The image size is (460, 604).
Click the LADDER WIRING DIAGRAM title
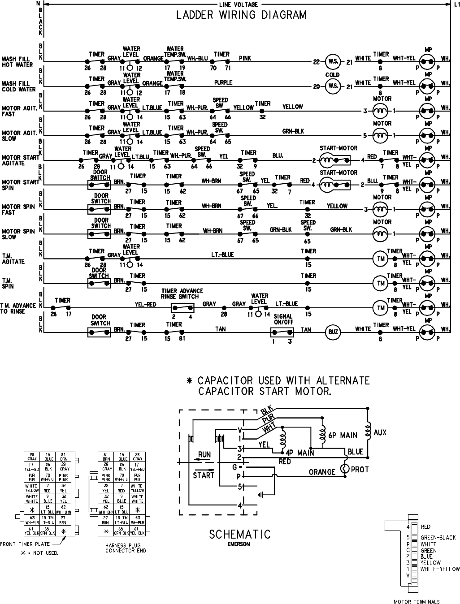[x=241, y=16]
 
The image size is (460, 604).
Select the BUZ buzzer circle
[x=333, y=332]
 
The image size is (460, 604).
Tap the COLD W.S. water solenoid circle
[x=333, y=86]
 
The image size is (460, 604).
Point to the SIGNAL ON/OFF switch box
[x=282, y=332]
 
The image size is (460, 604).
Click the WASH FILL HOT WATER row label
[x=17, y=62]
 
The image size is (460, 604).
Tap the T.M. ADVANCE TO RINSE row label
[x=18, y=308]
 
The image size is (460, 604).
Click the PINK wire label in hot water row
[x=245, y=58]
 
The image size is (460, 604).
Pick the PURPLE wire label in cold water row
[x=223, y=82]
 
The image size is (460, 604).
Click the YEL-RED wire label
[x=146, y=304]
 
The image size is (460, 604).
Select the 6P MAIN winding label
[x=342, y=435]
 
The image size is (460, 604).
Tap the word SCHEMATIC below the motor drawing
[x=240, y=534]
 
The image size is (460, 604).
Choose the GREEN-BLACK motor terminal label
[x=438, y=538]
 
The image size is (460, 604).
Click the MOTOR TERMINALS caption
[x=417, y=602]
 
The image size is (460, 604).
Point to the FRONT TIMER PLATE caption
[x=25, y=544]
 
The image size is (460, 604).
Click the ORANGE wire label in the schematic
[x=322, y=472]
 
